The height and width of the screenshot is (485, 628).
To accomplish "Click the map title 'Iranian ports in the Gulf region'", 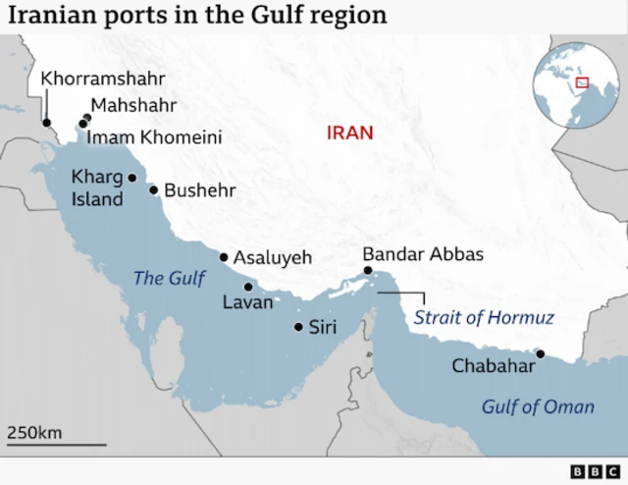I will tap(197, 16).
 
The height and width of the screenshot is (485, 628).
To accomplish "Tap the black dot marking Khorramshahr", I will tap(46, 123).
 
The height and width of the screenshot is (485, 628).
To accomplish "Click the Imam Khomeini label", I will tap(154, 136).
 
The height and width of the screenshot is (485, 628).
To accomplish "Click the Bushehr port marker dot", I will tap(153, 189).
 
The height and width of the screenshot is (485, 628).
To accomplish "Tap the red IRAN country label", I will tap(350, 133).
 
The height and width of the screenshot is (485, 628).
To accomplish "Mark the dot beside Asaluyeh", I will tap(224, 257).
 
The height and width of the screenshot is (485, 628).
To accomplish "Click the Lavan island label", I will tap(248, 302).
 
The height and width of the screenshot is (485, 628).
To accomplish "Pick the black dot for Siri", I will tap(298, 327).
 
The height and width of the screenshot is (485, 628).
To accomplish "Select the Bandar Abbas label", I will tap(423, 254).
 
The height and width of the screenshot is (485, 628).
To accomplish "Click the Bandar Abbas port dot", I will tap(367, 270).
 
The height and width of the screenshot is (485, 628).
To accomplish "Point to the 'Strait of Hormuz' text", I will tap(484, 318).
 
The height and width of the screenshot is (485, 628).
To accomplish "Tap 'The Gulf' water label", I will tap(169, 279).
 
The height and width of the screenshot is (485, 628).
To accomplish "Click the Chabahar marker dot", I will tap(540, 353).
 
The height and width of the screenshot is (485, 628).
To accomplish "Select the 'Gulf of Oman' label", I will tap(538, 406).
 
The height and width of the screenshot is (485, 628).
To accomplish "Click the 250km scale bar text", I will tap(35, 432).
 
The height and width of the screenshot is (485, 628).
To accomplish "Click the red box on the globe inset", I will tap(582, 83).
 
